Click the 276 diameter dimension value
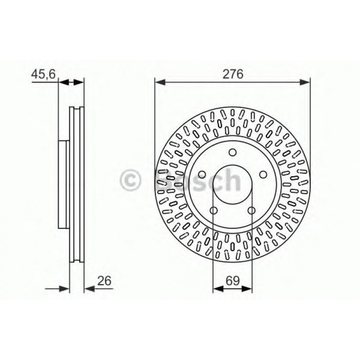233,75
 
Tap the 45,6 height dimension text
43,75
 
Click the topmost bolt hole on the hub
232,152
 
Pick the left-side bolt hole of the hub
201,174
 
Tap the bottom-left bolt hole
213,211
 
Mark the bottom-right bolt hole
251,211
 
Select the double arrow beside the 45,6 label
71,82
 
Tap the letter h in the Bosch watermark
233,181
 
